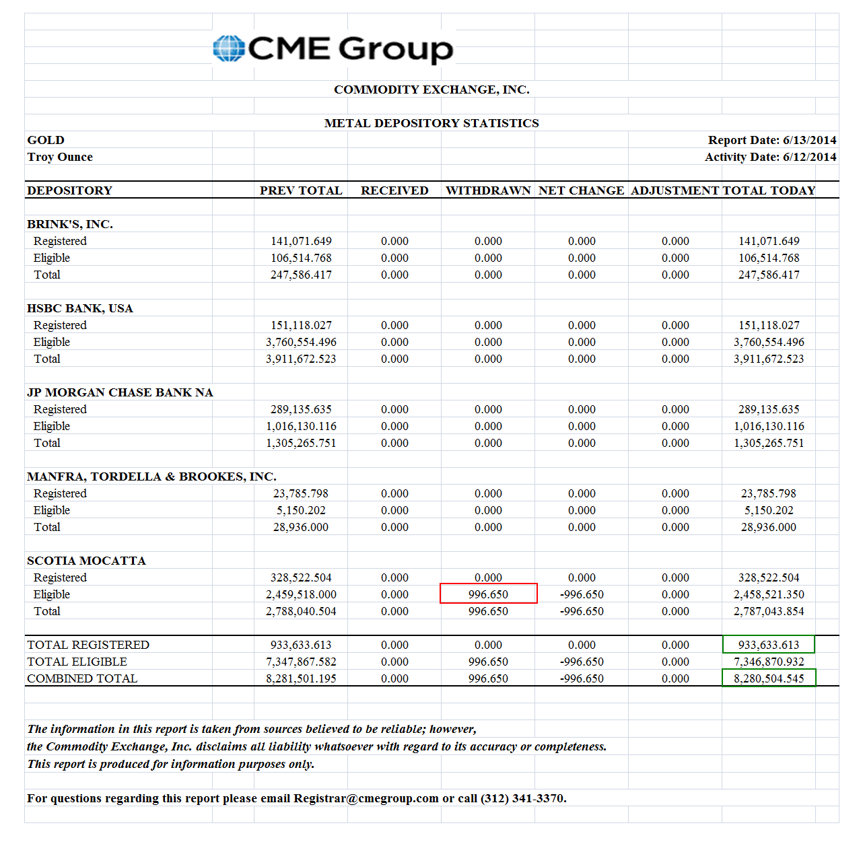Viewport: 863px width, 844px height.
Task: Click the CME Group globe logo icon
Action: (228, 48)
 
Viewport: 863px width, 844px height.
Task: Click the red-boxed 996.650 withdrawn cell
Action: (488, 594)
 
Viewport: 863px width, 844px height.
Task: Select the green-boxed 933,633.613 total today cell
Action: (768, 645)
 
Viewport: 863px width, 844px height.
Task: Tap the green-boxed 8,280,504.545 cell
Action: (768, 678)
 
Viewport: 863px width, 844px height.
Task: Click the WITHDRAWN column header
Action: (488, 190)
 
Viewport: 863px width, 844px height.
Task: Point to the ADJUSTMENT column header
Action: (675, 190)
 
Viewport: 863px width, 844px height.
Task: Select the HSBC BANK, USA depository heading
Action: (80, 308)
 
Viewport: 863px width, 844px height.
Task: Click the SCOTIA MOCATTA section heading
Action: (86, 561)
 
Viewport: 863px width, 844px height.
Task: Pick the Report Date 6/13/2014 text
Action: (771, 140)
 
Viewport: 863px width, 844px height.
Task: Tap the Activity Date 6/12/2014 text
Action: (770, 157)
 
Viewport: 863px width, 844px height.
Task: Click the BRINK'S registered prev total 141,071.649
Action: (301, 241)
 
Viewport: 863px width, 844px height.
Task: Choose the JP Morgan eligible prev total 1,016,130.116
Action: (301, 426)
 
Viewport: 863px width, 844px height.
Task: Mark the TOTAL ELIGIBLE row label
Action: (77, 662)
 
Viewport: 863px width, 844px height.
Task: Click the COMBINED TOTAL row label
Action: (82, 678)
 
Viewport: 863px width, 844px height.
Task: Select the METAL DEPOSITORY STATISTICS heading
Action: (431, 123)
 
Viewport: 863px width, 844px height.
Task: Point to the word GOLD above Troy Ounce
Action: (46, 140)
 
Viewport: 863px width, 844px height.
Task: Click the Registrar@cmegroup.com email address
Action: (366, 798)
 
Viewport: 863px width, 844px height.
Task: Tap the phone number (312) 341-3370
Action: (522, 798)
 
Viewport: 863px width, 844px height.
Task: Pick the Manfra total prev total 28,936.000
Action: (301, 527)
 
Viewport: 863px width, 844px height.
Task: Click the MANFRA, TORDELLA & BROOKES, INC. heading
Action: (151, 477)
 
